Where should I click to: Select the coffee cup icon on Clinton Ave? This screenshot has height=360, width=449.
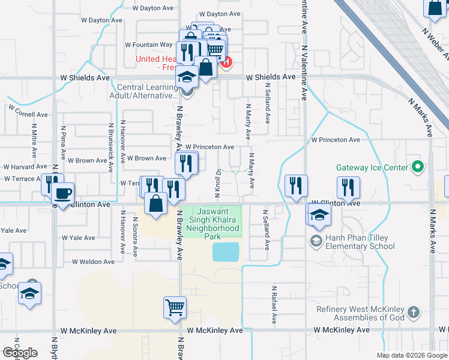click(x=62, y=194)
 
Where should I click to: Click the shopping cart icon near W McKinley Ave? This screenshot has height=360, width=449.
click(x=175, y=308)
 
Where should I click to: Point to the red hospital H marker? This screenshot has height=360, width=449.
click(x=226, y=61)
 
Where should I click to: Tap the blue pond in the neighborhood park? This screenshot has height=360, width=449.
click(x=226, y=252)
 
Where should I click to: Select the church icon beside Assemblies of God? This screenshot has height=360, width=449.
click(x=413, y=312)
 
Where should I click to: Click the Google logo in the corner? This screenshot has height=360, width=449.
click(x=20, y=353)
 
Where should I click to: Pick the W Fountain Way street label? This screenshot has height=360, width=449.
click(x=149, y=45)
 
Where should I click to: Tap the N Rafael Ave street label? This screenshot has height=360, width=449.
click(x=273, y=304)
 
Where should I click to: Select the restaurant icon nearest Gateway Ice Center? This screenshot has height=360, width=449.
click(x=348, y=187)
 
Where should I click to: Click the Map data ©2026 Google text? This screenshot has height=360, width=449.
click(x=412, y=355)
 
